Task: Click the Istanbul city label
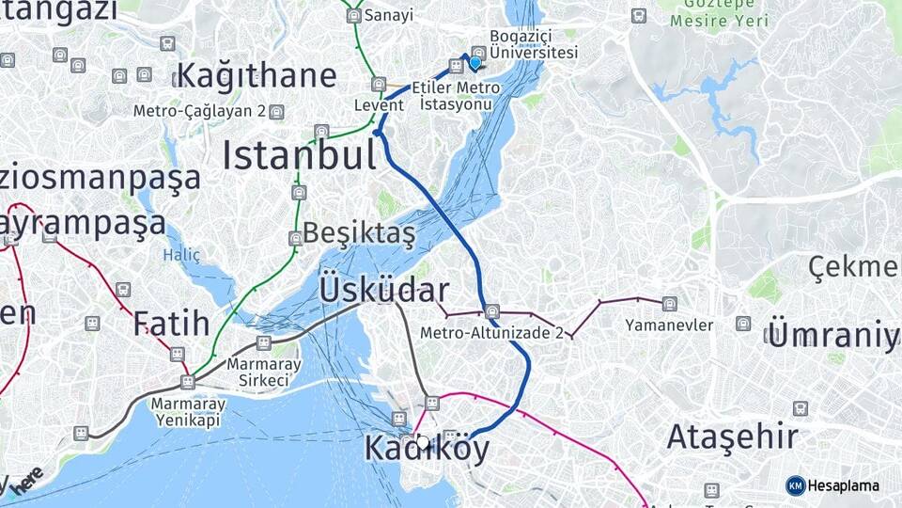[299, 155]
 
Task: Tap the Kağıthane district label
[256, 75]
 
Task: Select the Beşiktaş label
[358, 234]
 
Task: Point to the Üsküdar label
[384, 289]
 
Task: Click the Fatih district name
[171, 324]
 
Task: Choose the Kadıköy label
[428, 449]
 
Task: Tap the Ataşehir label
[733, 437]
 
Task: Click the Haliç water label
[181, 255]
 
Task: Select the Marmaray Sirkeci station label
[263, 372]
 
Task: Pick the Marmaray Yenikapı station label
[185, 412]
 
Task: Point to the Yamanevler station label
[669, 325]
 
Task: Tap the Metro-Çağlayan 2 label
[199, 111]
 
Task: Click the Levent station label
[379, 105]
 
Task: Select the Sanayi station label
[388, 15]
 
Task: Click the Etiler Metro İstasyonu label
[456, 95]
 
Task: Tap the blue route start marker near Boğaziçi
[475, 63]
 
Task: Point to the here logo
[26, 478]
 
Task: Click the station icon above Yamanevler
[669, 304]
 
